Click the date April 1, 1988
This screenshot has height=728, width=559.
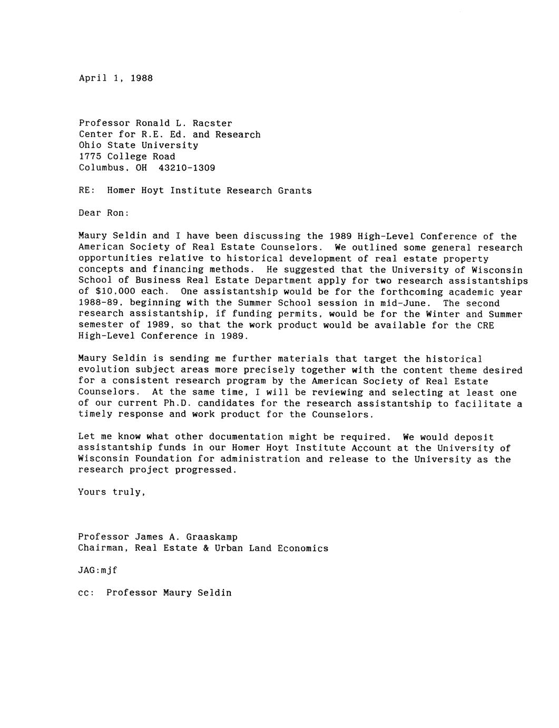(116, 78)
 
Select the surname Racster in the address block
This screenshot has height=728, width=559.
(212, 123)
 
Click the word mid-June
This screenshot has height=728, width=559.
(408, 303)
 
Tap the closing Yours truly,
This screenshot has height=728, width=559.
(112, 492)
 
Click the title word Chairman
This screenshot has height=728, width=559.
(101, 548)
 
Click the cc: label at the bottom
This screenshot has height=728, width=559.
(86, 593)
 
